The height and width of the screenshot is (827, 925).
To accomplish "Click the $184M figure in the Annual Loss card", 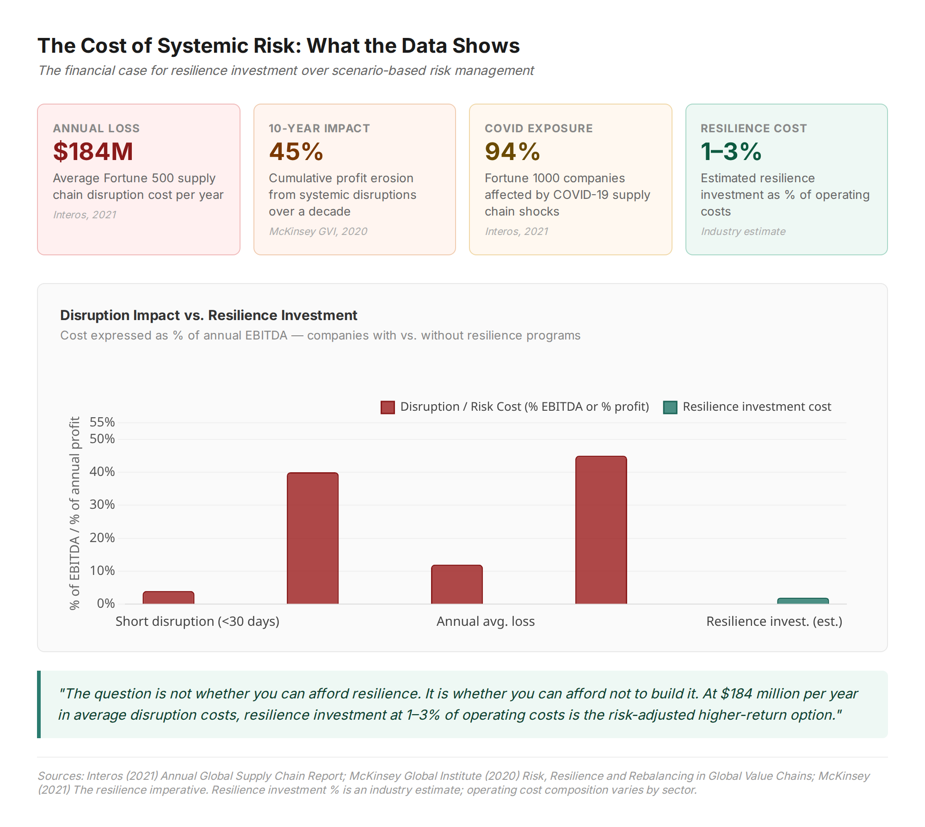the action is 93,152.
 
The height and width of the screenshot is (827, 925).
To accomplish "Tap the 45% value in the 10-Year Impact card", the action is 296,152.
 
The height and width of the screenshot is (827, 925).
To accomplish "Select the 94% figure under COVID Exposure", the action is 512,152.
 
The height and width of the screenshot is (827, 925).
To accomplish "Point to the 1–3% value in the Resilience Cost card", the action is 731,152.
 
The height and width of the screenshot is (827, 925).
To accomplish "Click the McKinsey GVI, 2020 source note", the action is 318,231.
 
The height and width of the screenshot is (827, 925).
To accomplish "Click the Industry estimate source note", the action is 743,231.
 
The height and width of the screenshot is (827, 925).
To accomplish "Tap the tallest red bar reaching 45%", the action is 601,530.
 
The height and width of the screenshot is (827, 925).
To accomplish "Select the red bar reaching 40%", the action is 313,538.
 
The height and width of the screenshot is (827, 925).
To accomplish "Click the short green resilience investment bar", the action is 803,601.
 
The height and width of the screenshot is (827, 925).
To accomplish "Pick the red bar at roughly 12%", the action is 457,585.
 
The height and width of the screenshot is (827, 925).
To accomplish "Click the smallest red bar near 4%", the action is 168,598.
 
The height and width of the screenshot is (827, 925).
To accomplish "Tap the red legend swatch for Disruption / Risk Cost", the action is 388,407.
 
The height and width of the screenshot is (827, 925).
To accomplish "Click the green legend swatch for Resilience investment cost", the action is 670,407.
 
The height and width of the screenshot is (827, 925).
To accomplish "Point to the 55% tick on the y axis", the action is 102,422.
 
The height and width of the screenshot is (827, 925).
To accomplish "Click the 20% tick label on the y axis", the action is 102,537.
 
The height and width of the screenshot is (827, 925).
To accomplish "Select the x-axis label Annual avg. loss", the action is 486,621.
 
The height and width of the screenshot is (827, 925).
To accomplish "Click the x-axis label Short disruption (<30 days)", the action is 197,621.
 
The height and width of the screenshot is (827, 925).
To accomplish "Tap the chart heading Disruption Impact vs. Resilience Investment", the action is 209,315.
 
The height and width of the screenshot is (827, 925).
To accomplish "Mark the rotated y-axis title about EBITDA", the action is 74,513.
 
